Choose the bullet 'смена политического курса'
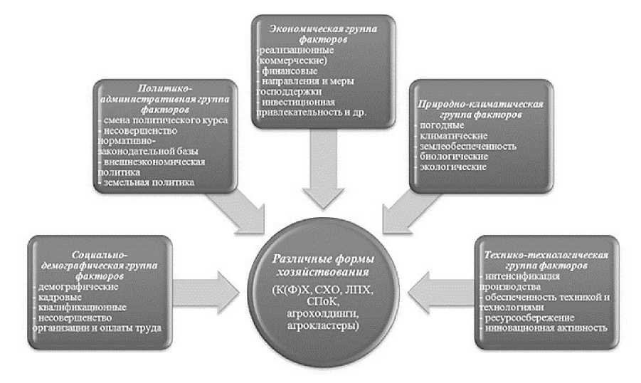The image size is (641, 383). click(x=163, y=120)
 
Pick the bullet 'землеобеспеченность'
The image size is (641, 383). click(x=462, y=146)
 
